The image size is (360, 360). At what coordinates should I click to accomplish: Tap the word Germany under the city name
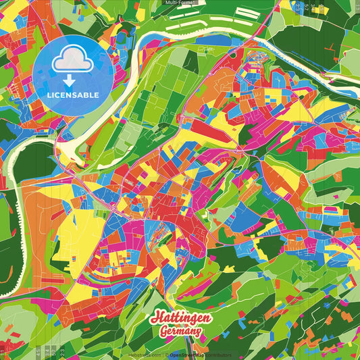(181, 330)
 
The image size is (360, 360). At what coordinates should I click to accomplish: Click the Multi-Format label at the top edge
(180, 3)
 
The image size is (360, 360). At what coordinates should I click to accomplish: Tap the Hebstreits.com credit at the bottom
(144, 355)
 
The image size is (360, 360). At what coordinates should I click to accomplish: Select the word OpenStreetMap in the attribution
(188, 355)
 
